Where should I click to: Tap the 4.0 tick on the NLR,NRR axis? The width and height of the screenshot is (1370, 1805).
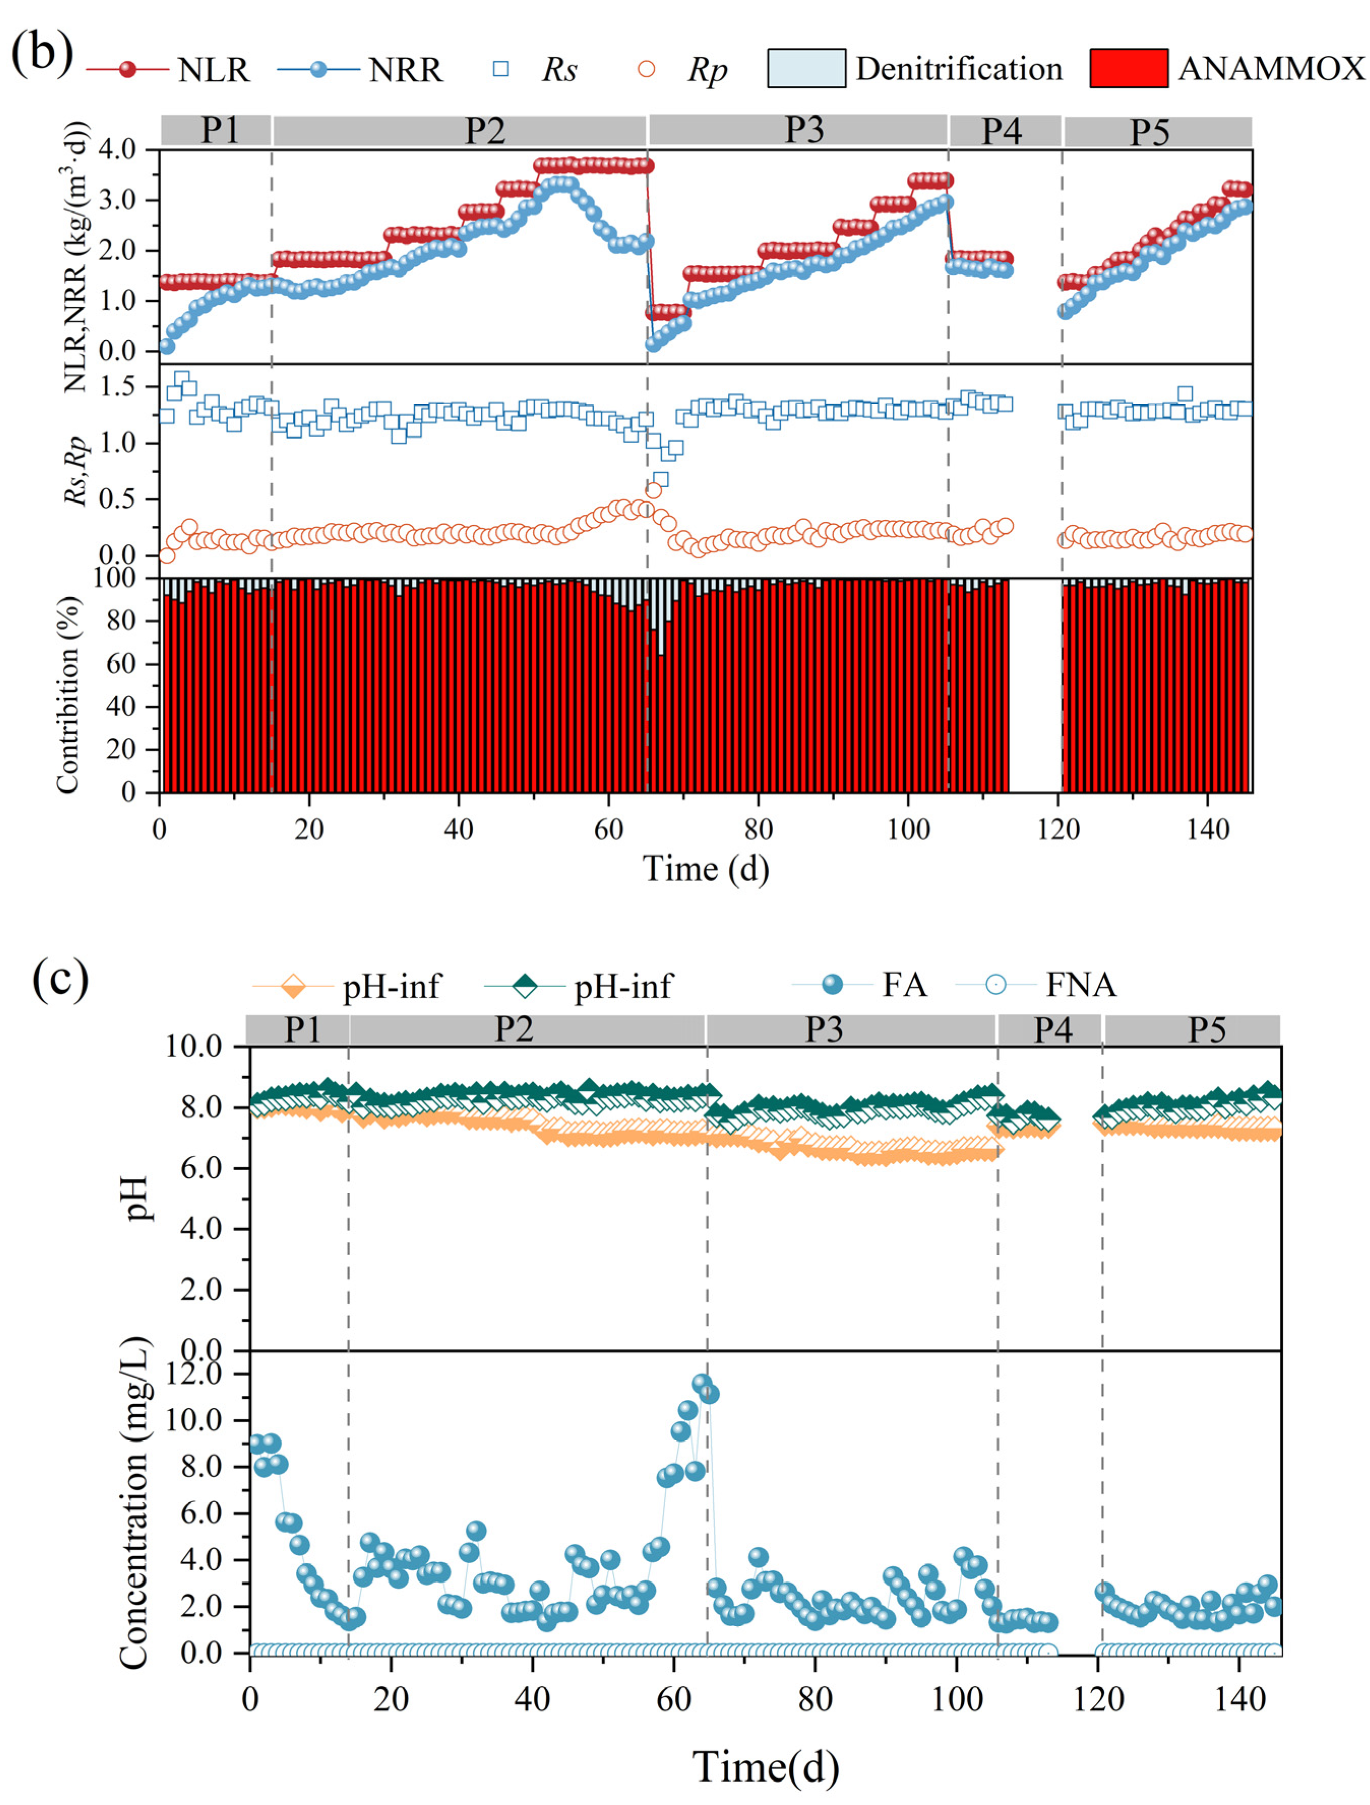point(117,150)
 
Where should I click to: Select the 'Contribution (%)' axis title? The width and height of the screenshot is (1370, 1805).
point(69,694)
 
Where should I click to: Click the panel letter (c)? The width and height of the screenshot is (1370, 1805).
point(59,977)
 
